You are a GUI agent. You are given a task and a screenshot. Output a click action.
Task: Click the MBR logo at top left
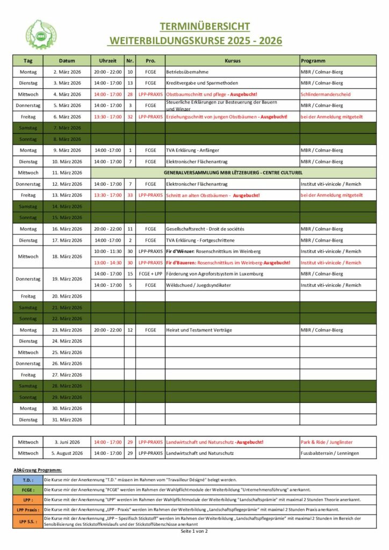point(41,34)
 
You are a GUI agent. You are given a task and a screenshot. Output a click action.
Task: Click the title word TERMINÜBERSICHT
point(204,27)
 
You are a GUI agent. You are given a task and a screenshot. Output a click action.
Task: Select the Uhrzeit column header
point(108,61)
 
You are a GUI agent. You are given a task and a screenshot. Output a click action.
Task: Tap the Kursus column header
point(232,61)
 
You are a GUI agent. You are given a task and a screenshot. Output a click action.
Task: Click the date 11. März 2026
point(67,173)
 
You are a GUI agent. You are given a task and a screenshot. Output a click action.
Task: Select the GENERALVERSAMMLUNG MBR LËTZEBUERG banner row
point(232,173)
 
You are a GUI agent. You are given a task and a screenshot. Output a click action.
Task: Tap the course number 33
point(130,195)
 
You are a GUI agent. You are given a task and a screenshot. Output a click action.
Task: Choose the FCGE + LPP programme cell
point(150,274)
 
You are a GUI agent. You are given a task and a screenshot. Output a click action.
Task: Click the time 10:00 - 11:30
point(108,251)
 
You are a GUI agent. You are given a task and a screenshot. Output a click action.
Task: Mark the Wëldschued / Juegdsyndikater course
point(199,285)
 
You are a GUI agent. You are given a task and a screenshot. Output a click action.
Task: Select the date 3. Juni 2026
point(67,442)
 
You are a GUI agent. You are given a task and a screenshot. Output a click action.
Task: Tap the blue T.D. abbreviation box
point(28,480)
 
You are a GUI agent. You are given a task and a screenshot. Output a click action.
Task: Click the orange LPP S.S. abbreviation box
point(28,522)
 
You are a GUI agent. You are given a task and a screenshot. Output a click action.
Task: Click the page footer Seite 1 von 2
point(194,531)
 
